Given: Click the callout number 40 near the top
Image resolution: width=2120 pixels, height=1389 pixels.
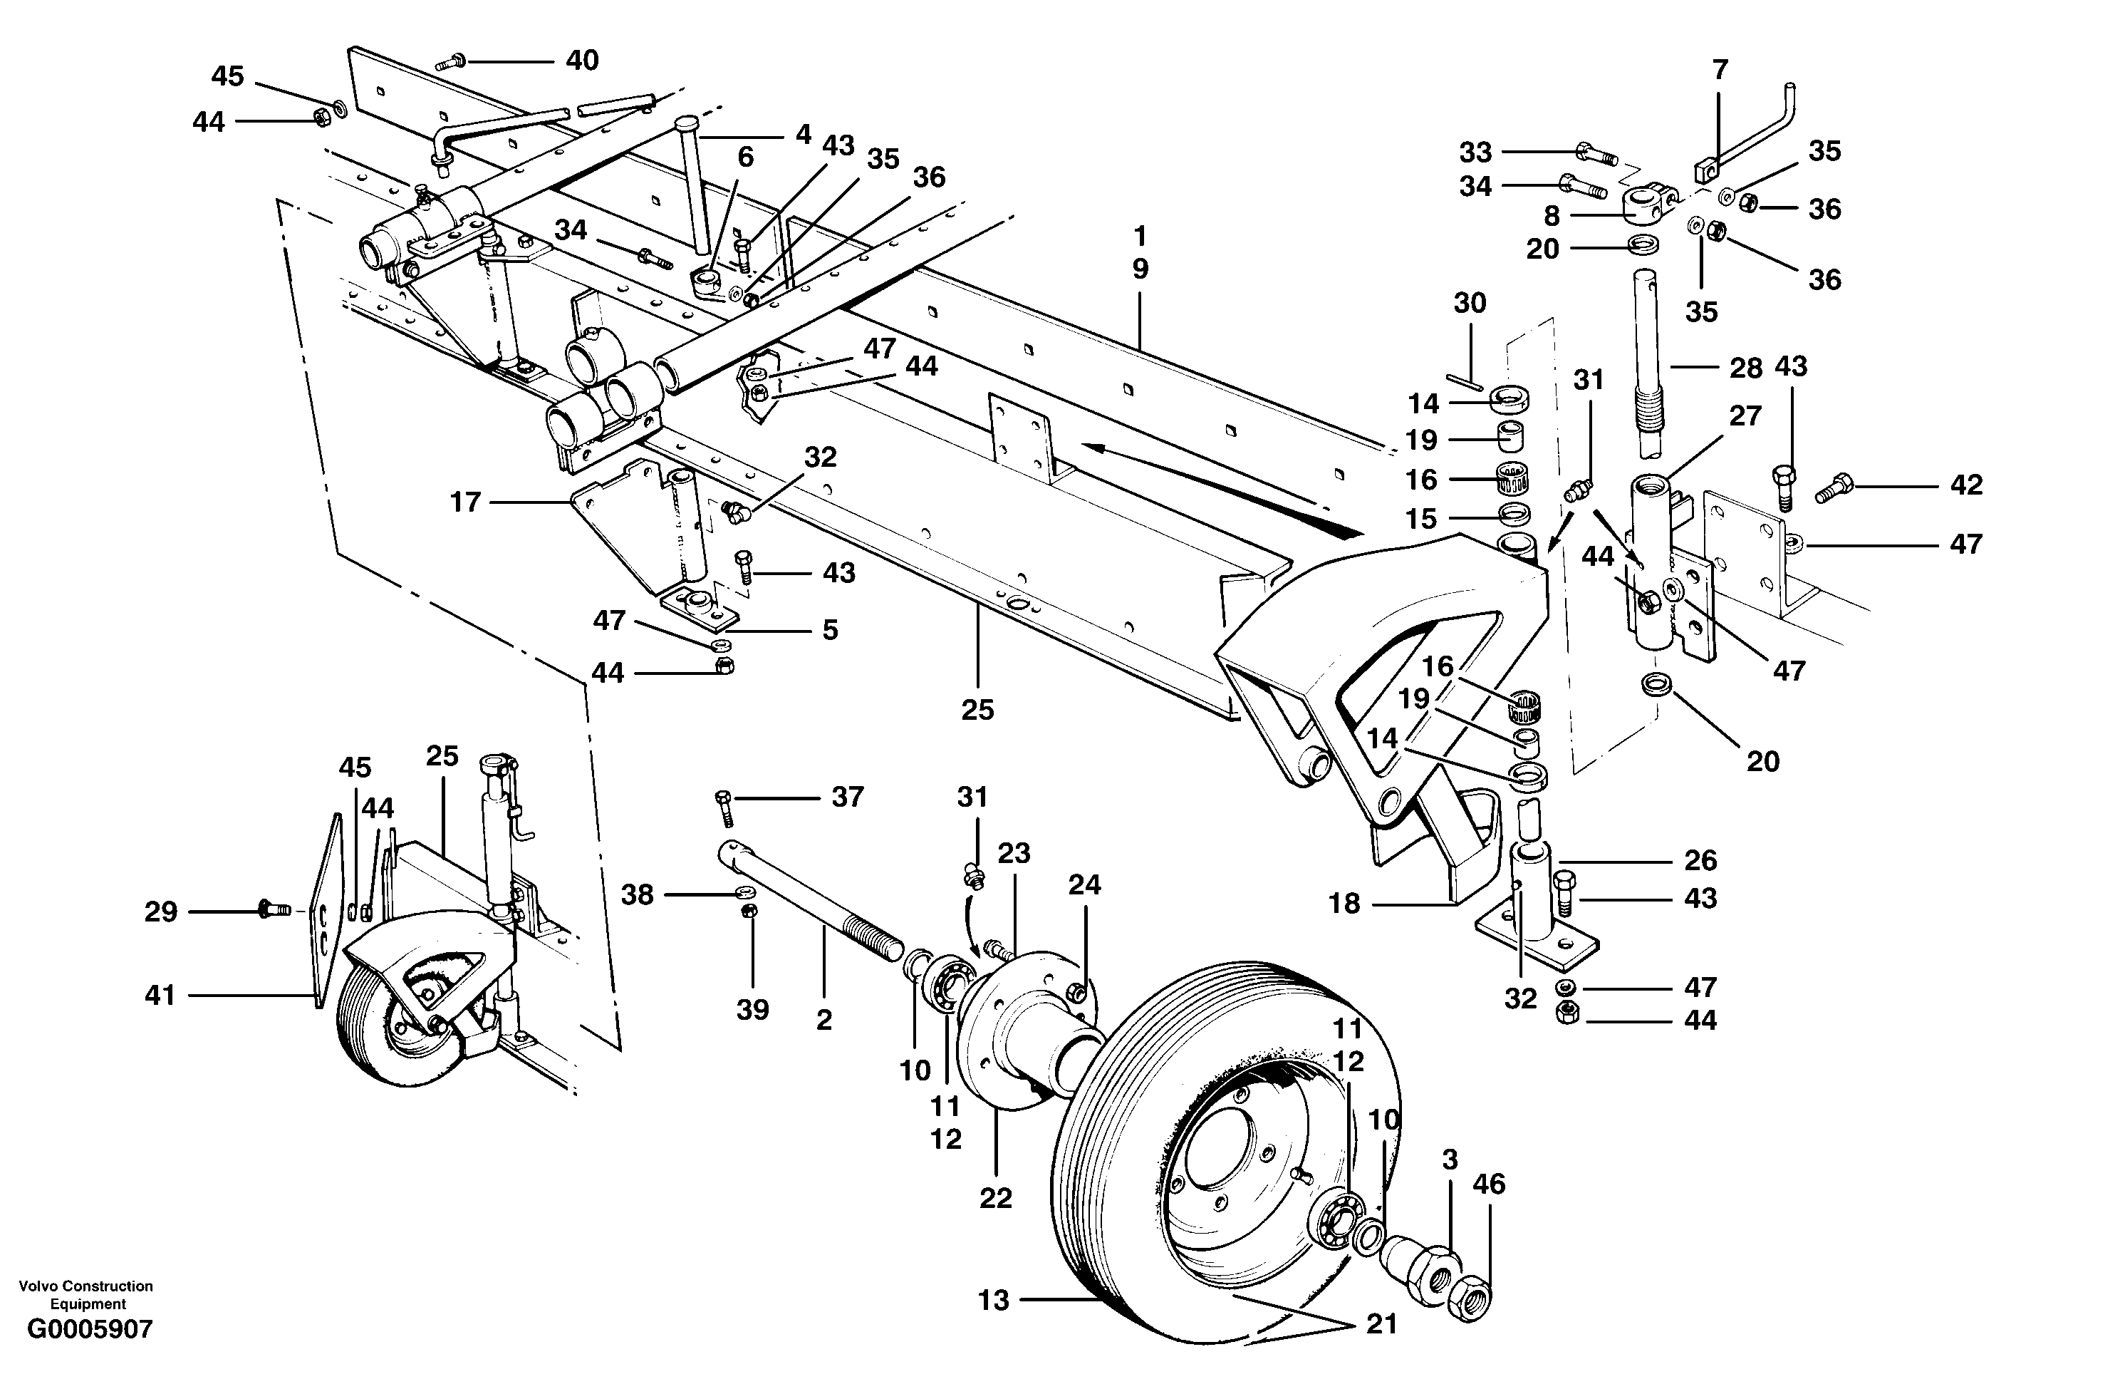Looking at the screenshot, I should click(x=583, y=61).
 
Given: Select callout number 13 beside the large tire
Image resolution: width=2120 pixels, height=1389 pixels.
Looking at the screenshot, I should click(x=993, y=1300).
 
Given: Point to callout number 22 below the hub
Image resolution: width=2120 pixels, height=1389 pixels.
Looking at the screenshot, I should click(x=995, y=1198).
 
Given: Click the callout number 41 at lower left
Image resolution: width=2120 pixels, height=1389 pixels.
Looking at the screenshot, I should click(x=160, y=994).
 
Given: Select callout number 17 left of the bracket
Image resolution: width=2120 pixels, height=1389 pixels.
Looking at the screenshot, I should click(x=465, y=502).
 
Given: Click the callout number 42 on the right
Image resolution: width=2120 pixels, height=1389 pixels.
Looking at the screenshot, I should click(x=1966, y=485).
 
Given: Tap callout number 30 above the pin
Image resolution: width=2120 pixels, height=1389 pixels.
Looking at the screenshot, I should click(x=1470, y=303).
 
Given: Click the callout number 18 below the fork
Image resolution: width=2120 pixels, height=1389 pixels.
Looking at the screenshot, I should click(x=1344, y=904).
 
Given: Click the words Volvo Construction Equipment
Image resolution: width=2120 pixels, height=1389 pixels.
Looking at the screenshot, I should click(x=86, y=1294).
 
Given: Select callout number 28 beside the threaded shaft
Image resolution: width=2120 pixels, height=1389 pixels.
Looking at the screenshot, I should click(x=1745, y=368).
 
